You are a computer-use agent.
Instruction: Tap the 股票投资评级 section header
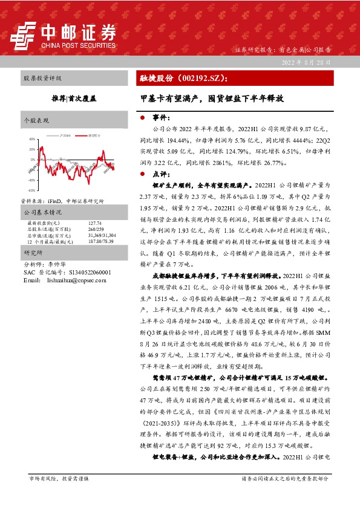(x=42, y=79)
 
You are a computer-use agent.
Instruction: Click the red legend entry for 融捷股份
(x=93, y=129)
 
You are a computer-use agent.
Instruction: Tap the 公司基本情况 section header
(x=42, y=213)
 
